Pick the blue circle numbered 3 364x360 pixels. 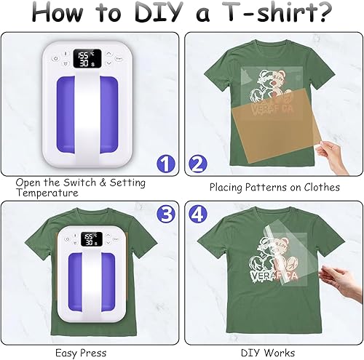click(x=167, y=215)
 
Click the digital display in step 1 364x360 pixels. click(x=87, y=58)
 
